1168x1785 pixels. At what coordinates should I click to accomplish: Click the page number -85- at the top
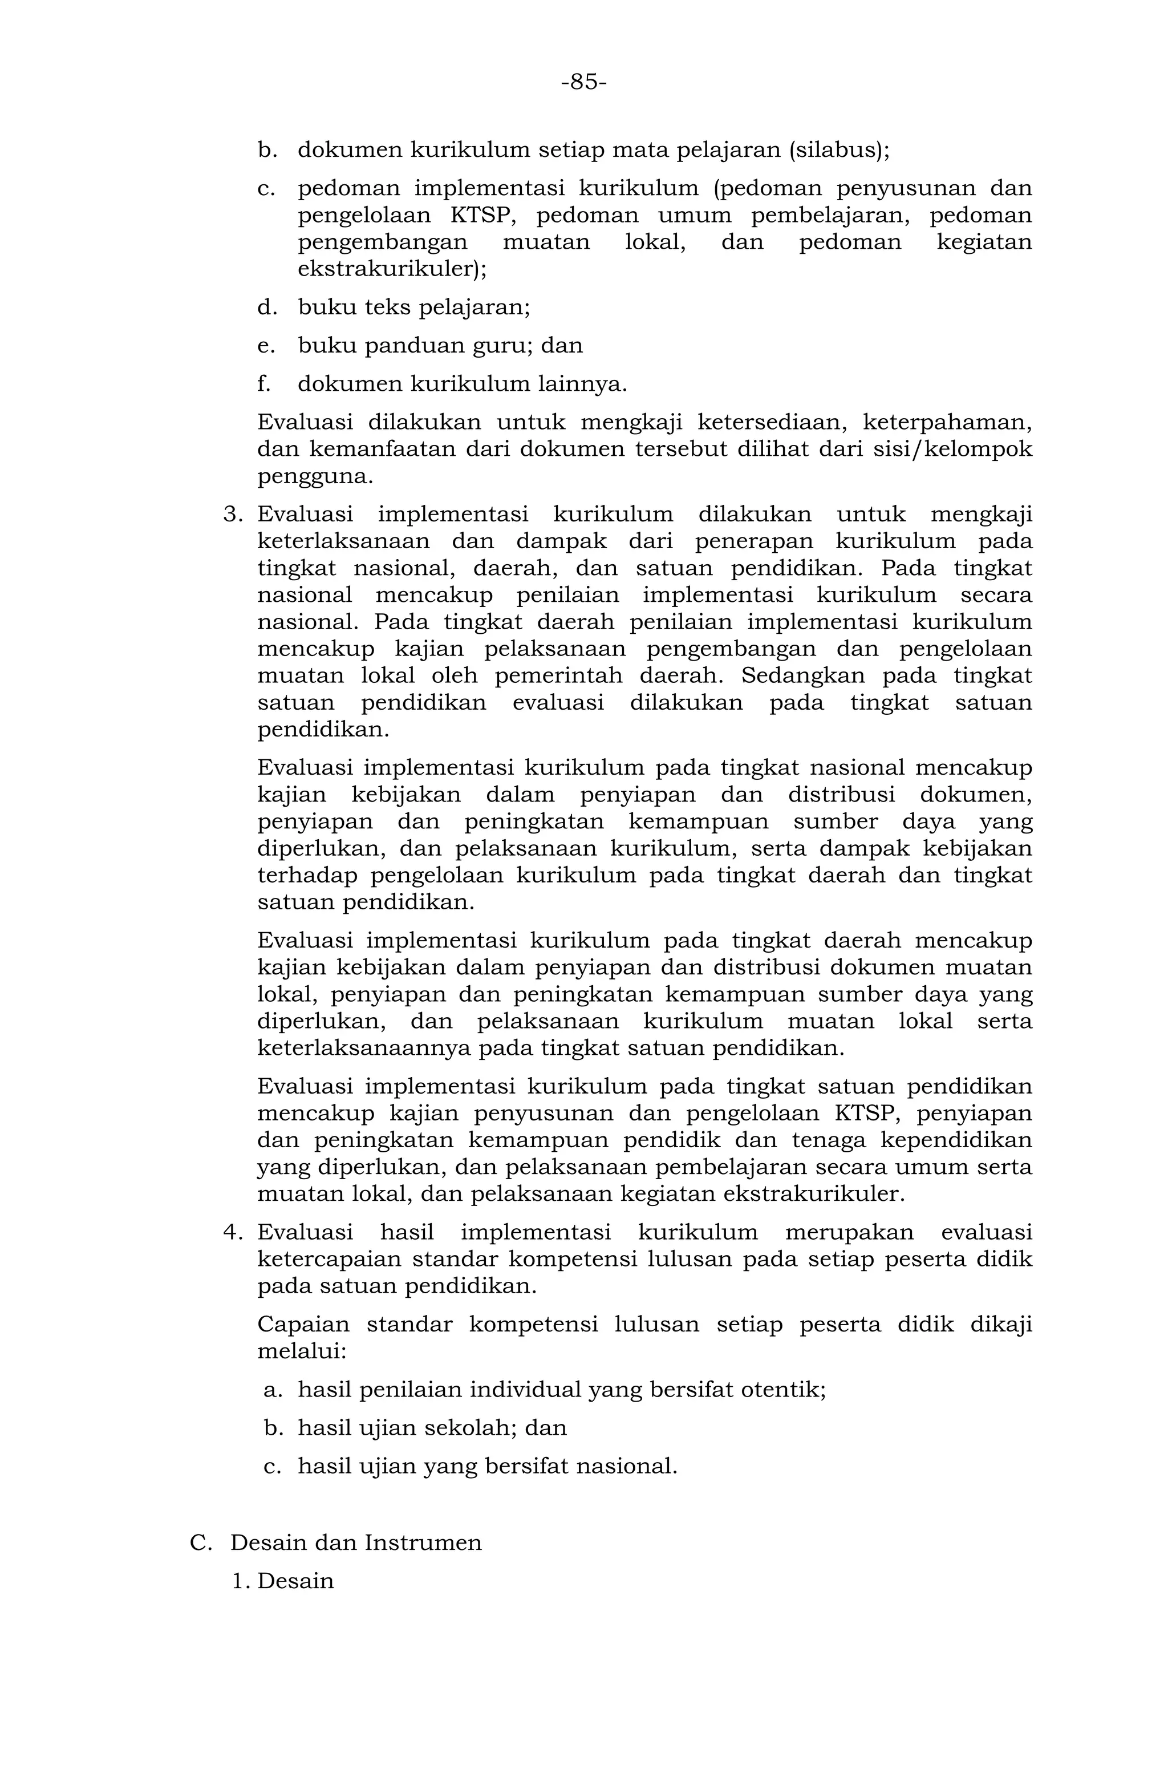point(583,81)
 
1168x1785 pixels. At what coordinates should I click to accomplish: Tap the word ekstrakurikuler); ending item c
point(391,269)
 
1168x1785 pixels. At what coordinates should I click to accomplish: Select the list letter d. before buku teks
point(266,307)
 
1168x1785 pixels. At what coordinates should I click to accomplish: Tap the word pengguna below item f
point(315,476)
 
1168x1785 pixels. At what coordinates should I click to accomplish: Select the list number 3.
point(233,515)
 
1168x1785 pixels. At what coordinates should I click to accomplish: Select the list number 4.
point(233,1232)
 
